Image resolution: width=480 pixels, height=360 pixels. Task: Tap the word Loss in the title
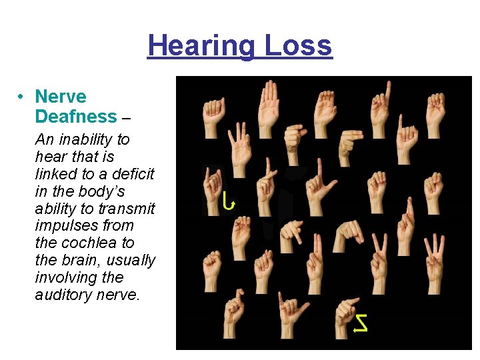point(297,45)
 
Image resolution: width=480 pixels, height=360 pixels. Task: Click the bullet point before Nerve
point(22,97)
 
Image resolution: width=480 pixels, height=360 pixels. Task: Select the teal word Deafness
point(75,117)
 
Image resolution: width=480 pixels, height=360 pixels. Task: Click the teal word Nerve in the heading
point(61,97)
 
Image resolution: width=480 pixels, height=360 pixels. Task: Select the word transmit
point(131,209)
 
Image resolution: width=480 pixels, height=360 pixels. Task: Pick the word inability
point(86,140)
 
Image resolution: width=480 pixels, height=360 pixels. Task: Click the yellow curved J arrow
point(229,201)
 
